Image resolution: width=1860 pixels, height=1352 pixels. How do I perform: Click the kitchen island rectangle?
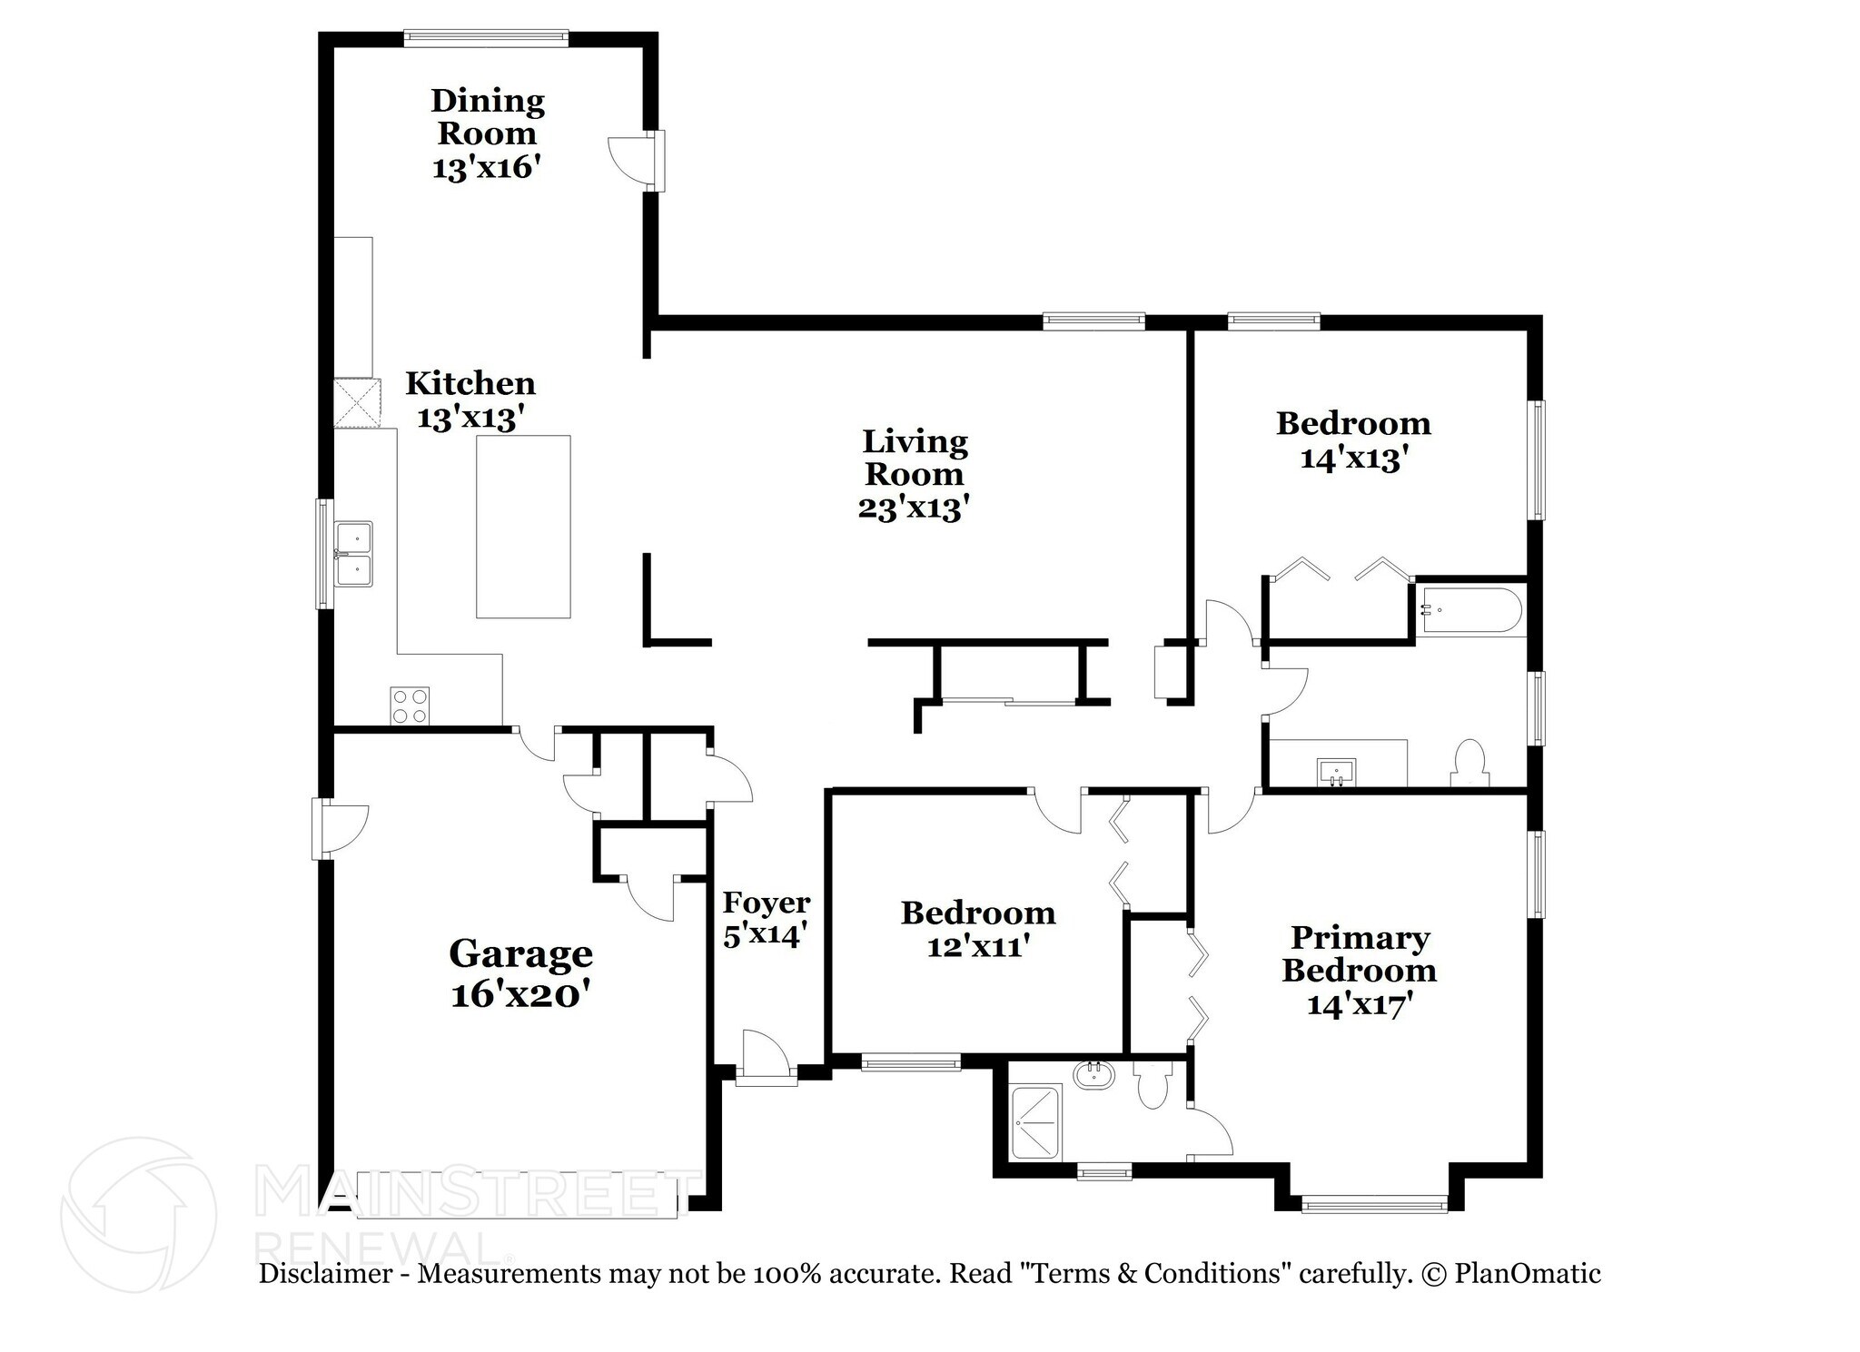coord(523,527)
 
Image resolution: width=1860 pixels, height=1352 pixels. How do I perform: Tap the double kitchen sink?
coord(353,554)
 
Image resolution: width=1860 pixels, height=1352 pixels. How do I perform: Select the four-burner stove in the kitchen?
coord(410,706)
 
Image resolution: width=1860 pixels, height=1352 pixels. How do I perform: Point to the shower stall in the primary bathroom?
coord(1035,1122)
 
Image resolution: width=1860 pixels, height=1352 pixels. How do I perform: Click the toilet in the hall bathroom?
coord(1469,763)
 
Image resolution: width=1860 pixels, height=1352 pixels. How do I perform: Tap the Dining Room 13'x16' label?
coord(488,133)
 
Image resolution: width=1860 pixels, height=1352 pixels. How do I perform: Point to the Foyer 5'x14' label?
coord(766,918)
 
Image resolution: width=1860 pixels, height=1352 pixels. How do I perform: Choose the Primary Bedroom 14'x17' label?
coord(1359,970)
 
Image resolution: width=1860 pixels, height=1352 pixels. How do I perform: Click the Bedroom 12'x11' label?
coord(978,929)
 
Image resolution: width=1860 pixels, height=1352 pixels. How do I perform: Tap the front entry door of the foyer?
coord(766,1059)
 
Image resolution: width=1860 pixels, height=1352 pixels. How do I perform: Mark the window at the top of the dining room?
coord(486,37)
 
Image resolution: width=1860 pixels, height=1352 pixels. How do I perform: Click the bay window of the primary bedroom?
coord(1373,1205)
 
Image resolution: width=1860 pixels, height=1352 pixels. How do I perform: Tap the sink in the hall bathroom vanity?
coord(1336,773)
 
